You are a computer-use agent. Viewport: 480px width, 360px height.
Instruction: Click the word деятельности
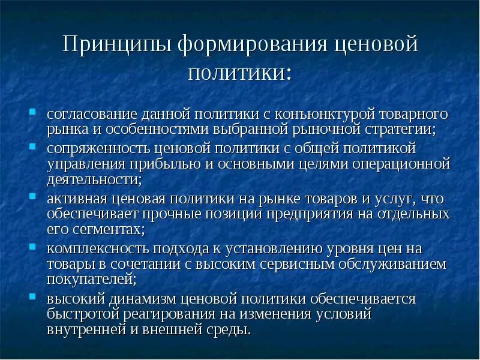(x=92, y=179)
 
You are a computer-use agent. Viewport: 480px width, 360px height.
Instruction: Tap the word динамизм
(x=137, y=299)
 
